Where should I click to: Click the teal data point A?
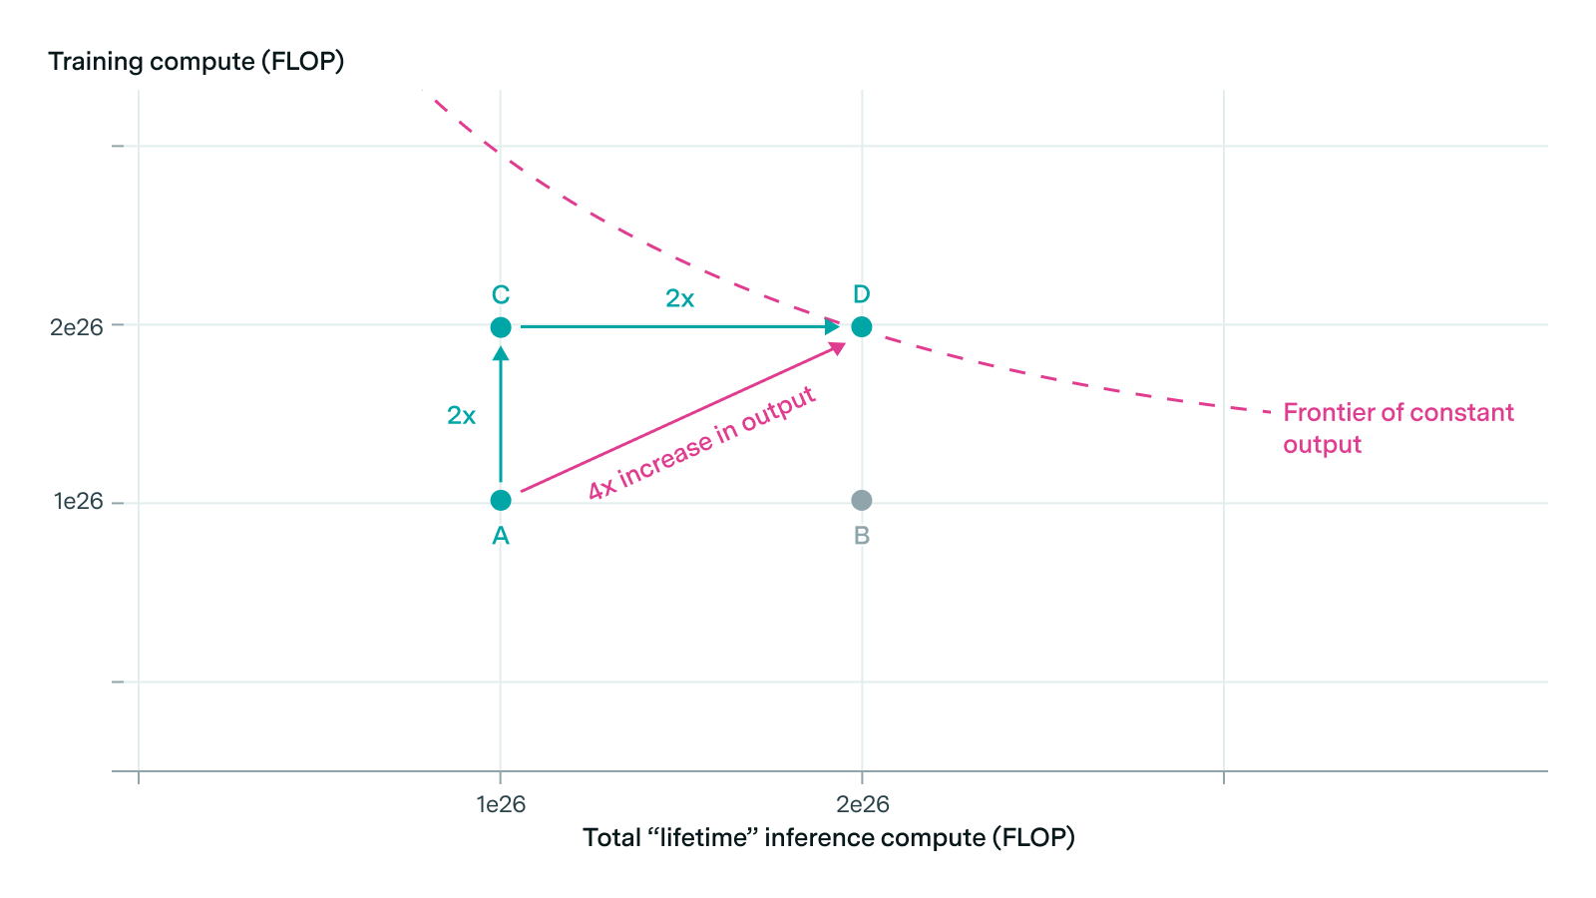click(501, 500)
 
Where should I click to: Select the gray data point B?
click(862, 500)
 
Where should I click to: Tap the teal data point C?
click(501, 327)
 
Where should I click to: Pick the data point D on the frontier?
click(862, 327)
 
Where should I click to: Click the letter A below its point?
click(501, 536)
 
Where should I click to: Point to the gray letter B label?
click(862, 536)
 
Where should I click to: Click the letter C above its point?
click(501, 295)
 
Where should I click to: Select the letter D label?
click(862, 294)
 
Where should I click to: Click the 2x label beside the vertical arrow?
click(461, 416)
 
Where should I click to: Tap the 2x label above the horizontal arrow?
click(679, 298)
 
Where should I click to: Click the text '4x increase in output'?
click(702, 444)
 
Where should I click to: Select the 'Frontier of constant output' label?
click(1397, 428)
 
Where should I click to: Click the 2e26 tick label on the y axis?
click(77, 327)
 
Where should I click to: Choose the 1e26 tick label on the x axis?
click(501, 804)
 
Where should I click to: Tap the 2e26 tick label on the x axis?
click(863, 804)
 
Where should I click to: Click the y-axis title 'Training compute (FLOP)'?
click(197, 62)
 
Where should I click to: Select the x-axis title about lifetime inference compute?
click(829, 837)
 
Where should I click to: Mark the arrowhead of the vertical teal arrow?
click(501, 353)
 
